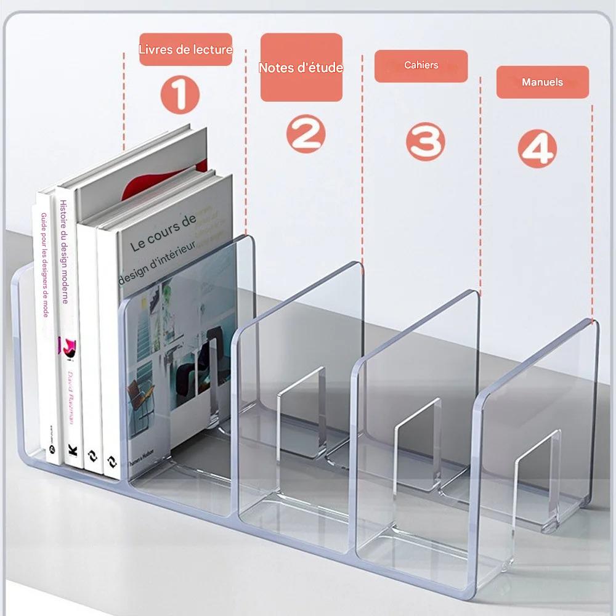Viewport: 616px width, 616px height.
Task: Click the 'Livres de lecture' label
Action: click(x=185, y=50)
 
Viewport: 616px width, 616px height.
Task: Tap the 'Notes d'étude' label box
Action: click(x=301, y=68)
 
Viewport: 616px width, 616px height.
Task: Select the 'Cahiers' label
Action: click(x=421, y=65)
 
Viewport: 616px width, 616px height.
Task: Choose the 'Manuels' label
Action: click(x=543, y=82)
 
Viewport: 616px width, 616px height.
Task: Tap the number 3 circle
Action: click(x=425, y=142)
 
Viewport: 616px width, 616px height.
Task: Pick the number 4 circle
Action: click(x=537, y=149)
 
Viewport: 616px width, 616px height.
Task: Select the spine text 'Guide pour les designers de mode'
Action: click(x=45, y=265)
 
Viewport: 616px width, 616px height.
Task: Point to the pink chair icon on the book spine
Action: click(x=67, y=345)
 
